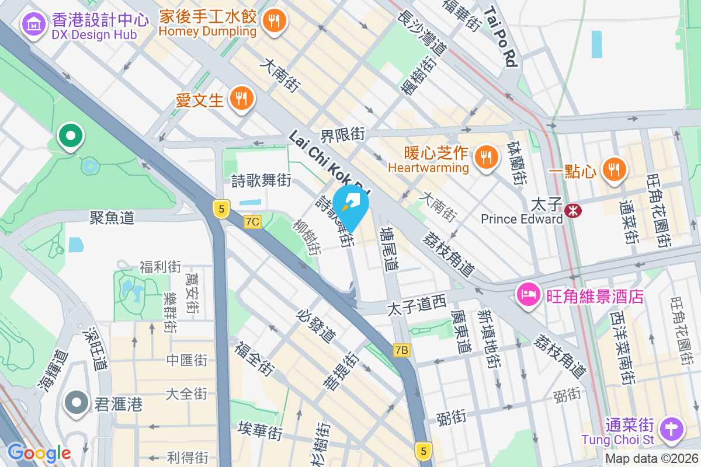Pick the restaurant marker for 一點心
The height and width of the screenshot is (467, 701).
[613, 170]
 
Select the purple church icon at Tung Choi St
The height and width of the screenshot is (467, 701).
[672, 430]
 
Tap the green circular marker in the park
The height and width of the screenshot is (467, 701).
[71, 137]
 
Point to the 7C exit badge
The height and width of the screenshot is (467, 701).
[252, 222]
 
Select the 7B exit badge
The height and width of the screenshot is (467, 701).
[402, 350]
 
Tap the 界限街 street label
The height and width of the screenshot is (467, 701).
[343, 134]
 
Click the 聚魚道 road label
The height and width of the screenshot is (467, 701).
[112, 218]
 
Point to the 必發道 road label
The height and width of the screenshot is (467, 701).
[316, 327]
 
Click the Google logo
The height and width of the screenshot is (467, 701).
[39, 453]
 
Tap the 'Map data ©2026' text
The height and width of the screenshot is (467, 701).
[651, 459]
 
